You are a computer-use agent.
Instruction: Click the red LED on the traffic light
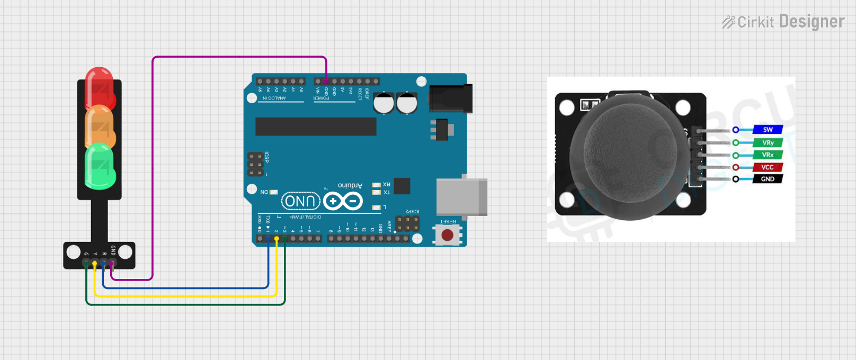[x=99, y=87]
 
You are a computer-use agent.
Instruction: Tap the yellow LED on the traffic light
[x=99, y=126]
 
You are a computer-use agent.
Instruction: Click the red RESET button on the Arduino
[x=448, y=235]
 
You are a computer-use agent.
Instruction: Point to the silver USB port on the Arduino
[x=461, y=197]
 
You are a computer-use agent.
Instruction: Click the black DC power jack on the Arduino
[x=450, y=98]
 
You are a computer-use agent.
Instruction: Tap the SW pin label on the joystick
[x=768, y=130]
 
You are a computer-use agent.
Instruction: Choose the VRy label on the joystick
[x=768, y=142]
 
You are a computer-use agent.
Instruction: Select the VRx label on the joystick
[x=768, y=155]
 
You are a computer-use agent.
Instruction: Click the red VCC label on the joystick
[x=767, y=167]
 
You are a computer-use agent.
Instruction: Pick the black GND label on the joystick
[x=767, y=179]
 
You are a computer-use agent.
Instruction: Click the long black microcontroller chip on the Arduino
[x=316, y=127]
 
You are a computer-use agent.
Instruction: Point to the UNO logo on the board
[x=301, y=201]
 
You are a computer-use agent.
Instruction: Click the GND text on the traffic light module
[x=113, y=250]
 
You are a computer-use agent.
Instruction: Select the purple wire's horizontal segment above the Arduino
[x=238, y=57]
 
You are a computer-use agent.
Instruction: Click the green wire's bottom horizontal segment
[x=185, y=304]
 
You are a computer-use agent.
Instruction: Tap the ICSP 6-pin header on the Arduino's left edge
[x=256, y=165]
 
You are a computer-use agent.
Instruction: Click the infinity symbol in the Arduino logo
[x=343, y=201]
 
